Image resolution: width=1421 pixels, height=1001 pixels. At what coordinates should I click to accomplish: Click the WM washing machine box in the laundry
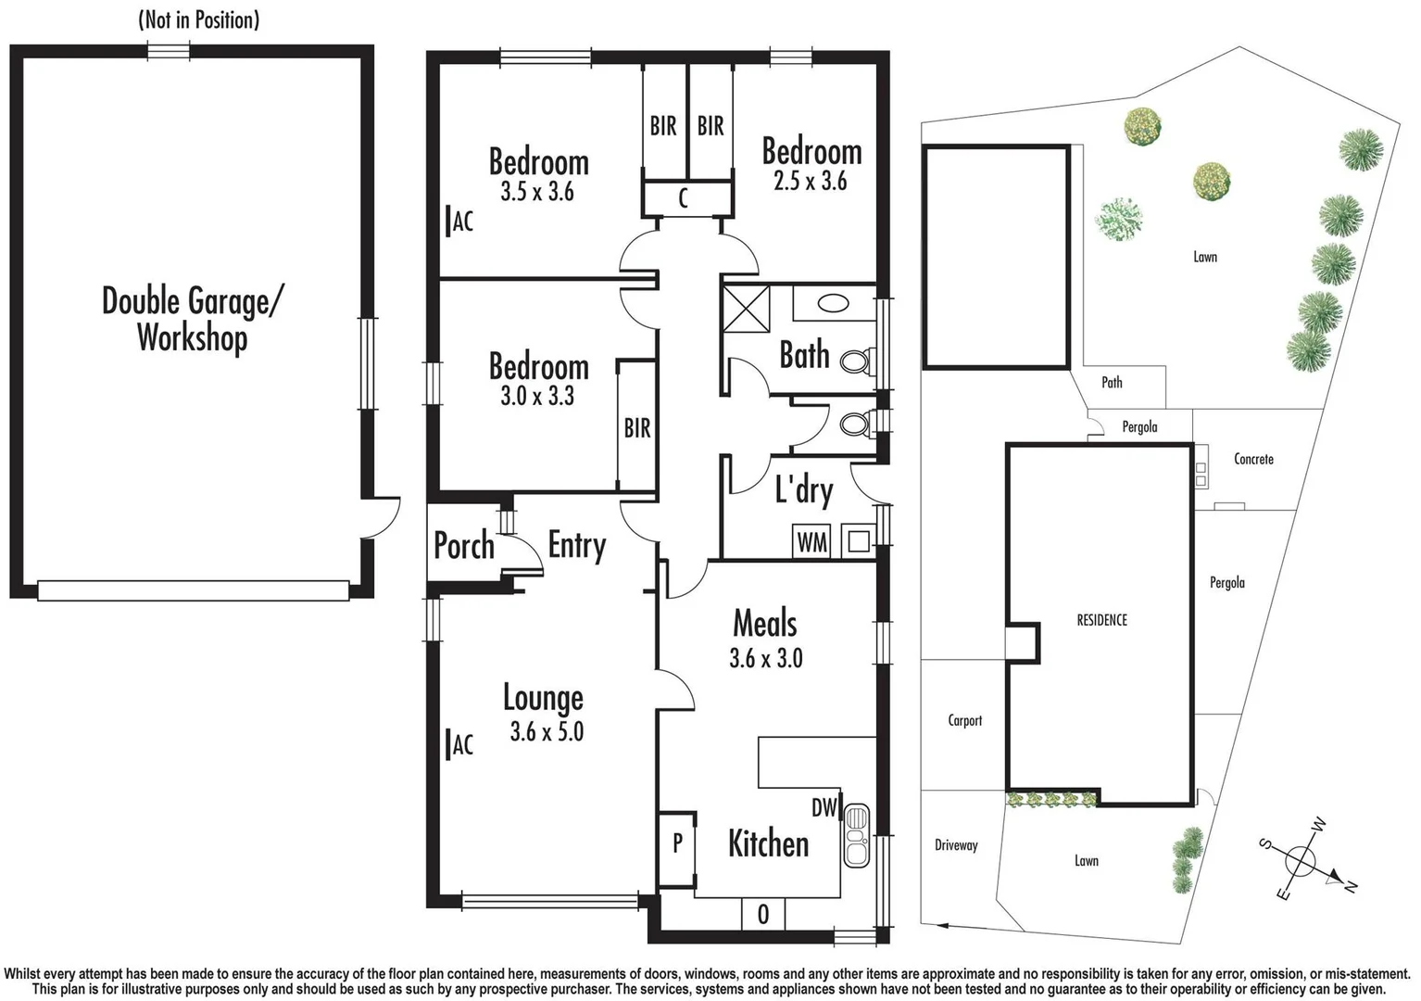tap(811, 542)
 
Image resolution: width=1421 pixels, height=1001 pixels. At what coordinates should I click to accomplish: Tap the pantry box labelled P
tap(677, 843)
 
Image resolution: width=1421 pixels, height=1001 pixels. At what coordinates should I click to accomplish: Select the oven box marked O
tap(762, 915)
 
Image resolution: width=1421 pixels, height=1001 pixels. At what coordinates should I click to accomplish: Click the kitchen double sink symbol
tap(857, 835)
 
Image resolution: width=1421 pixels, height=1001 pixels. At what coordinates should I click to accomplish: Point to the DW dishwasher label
tap(824, 807)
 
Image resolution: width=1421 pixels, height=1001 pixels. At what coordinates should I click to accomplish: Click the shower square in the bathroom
tap(747, 309)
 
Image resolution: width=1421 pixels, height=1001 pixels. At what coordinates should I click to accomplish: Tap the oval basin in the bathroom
tap(834, 302)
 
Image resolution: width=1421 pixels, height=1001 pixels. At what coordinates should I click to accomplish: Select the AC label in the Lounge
tap(460, 744)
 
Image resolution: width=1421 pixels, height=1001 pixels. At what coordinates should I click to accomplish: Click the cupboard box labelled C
tap(684, 197)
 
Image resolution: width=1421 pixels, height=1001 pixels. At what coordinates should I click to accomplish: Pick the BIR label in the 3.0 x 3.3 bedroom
tap(636, 428)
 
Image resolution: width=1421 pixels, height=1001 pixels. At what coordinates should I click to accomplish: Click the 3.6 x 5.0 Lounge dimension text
tap(547, 732)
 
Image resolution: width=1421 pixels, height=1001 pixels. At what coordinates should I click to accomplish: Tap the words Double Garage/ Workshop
tap(193, 319)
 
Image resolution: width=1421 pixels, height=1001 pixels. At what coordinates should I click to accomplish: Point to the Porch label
tap(463, 546)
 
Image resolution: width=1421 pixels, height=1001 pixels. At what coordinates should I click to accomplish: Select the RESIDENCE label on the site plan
tap(1101, 620)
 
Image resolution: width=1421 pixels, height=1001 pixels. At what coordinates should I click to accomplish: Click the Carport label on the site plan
tap(964, 721)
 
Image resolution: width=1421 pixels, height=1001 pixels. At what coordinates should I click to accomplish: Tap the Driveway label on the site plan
tap(956, 845)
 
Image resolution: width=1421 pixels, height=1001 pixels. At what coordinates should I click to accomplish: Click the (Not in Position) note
tap(198, 19)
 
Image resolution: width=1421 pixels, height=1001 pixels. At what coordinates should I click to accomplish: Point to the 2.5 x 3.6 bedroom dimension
tap(811, 182)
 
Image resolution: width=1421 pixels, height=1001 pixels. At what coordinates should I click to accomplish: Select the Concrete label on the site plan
tap(1253, 459)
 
